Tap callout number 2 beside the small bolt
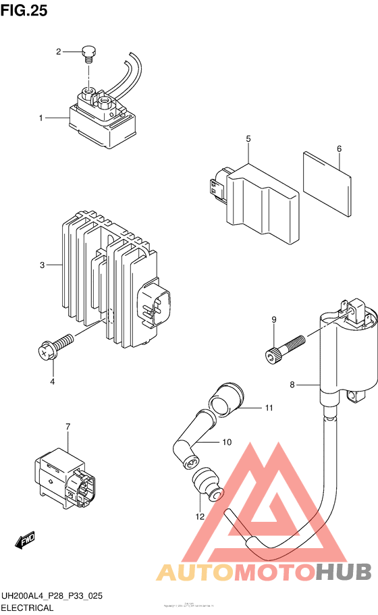[x=59, y=51]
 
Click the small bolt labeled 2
[x=87, y=52]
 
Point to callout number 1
[x=40, y=118]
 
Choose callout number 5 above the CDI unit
[x=248, y=138]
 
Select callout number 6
[x=339, y=149]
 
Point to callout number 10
[x=227, y=442]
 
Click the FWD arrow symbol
[x=25, y=541]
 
